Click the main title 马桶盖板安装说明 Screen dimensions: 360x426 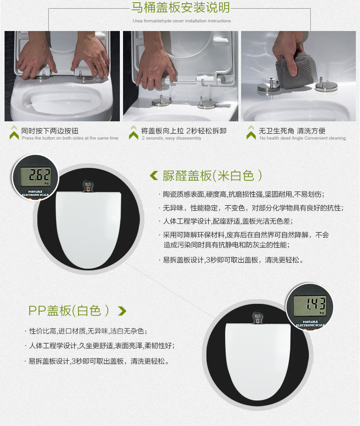click(x=180, y=7)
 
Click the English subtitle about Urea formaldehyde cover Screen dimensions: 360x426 click(x=182, y=21)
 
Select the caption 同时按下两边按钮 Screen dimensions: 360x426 click(x=50, y=131)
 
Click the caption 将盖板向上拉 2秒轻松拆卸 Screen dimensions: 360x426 click(x=184, y=131)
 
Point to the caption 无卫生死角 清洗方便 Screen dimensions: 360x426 click(x=292, y=131)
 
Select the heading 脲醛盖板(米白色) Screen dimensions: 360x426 click(x=212, y=176)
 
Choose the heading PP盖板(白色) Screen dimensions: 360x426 click(x=69, y=311)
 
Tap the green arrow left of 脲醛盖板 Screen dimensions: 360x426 click(x=154, y=176)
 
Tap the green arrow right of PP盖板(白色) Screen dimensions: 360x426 click(x=122, y=311)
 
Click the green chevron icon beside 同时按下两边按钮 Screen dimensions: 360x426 click(x=14, y=133)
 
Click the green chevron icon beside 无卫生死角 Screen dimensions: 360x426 click(x=252, y=133)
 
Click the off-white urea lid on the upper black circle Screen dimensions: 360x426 click(x=88, y=229)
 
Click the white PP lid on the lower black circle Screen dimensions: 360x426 click(x=258, y=361)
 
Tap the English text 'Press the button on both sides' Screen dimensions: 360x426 click(x=70, y=138)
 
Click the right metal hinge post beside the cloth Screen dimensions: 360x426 click(x=326, y=85)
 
